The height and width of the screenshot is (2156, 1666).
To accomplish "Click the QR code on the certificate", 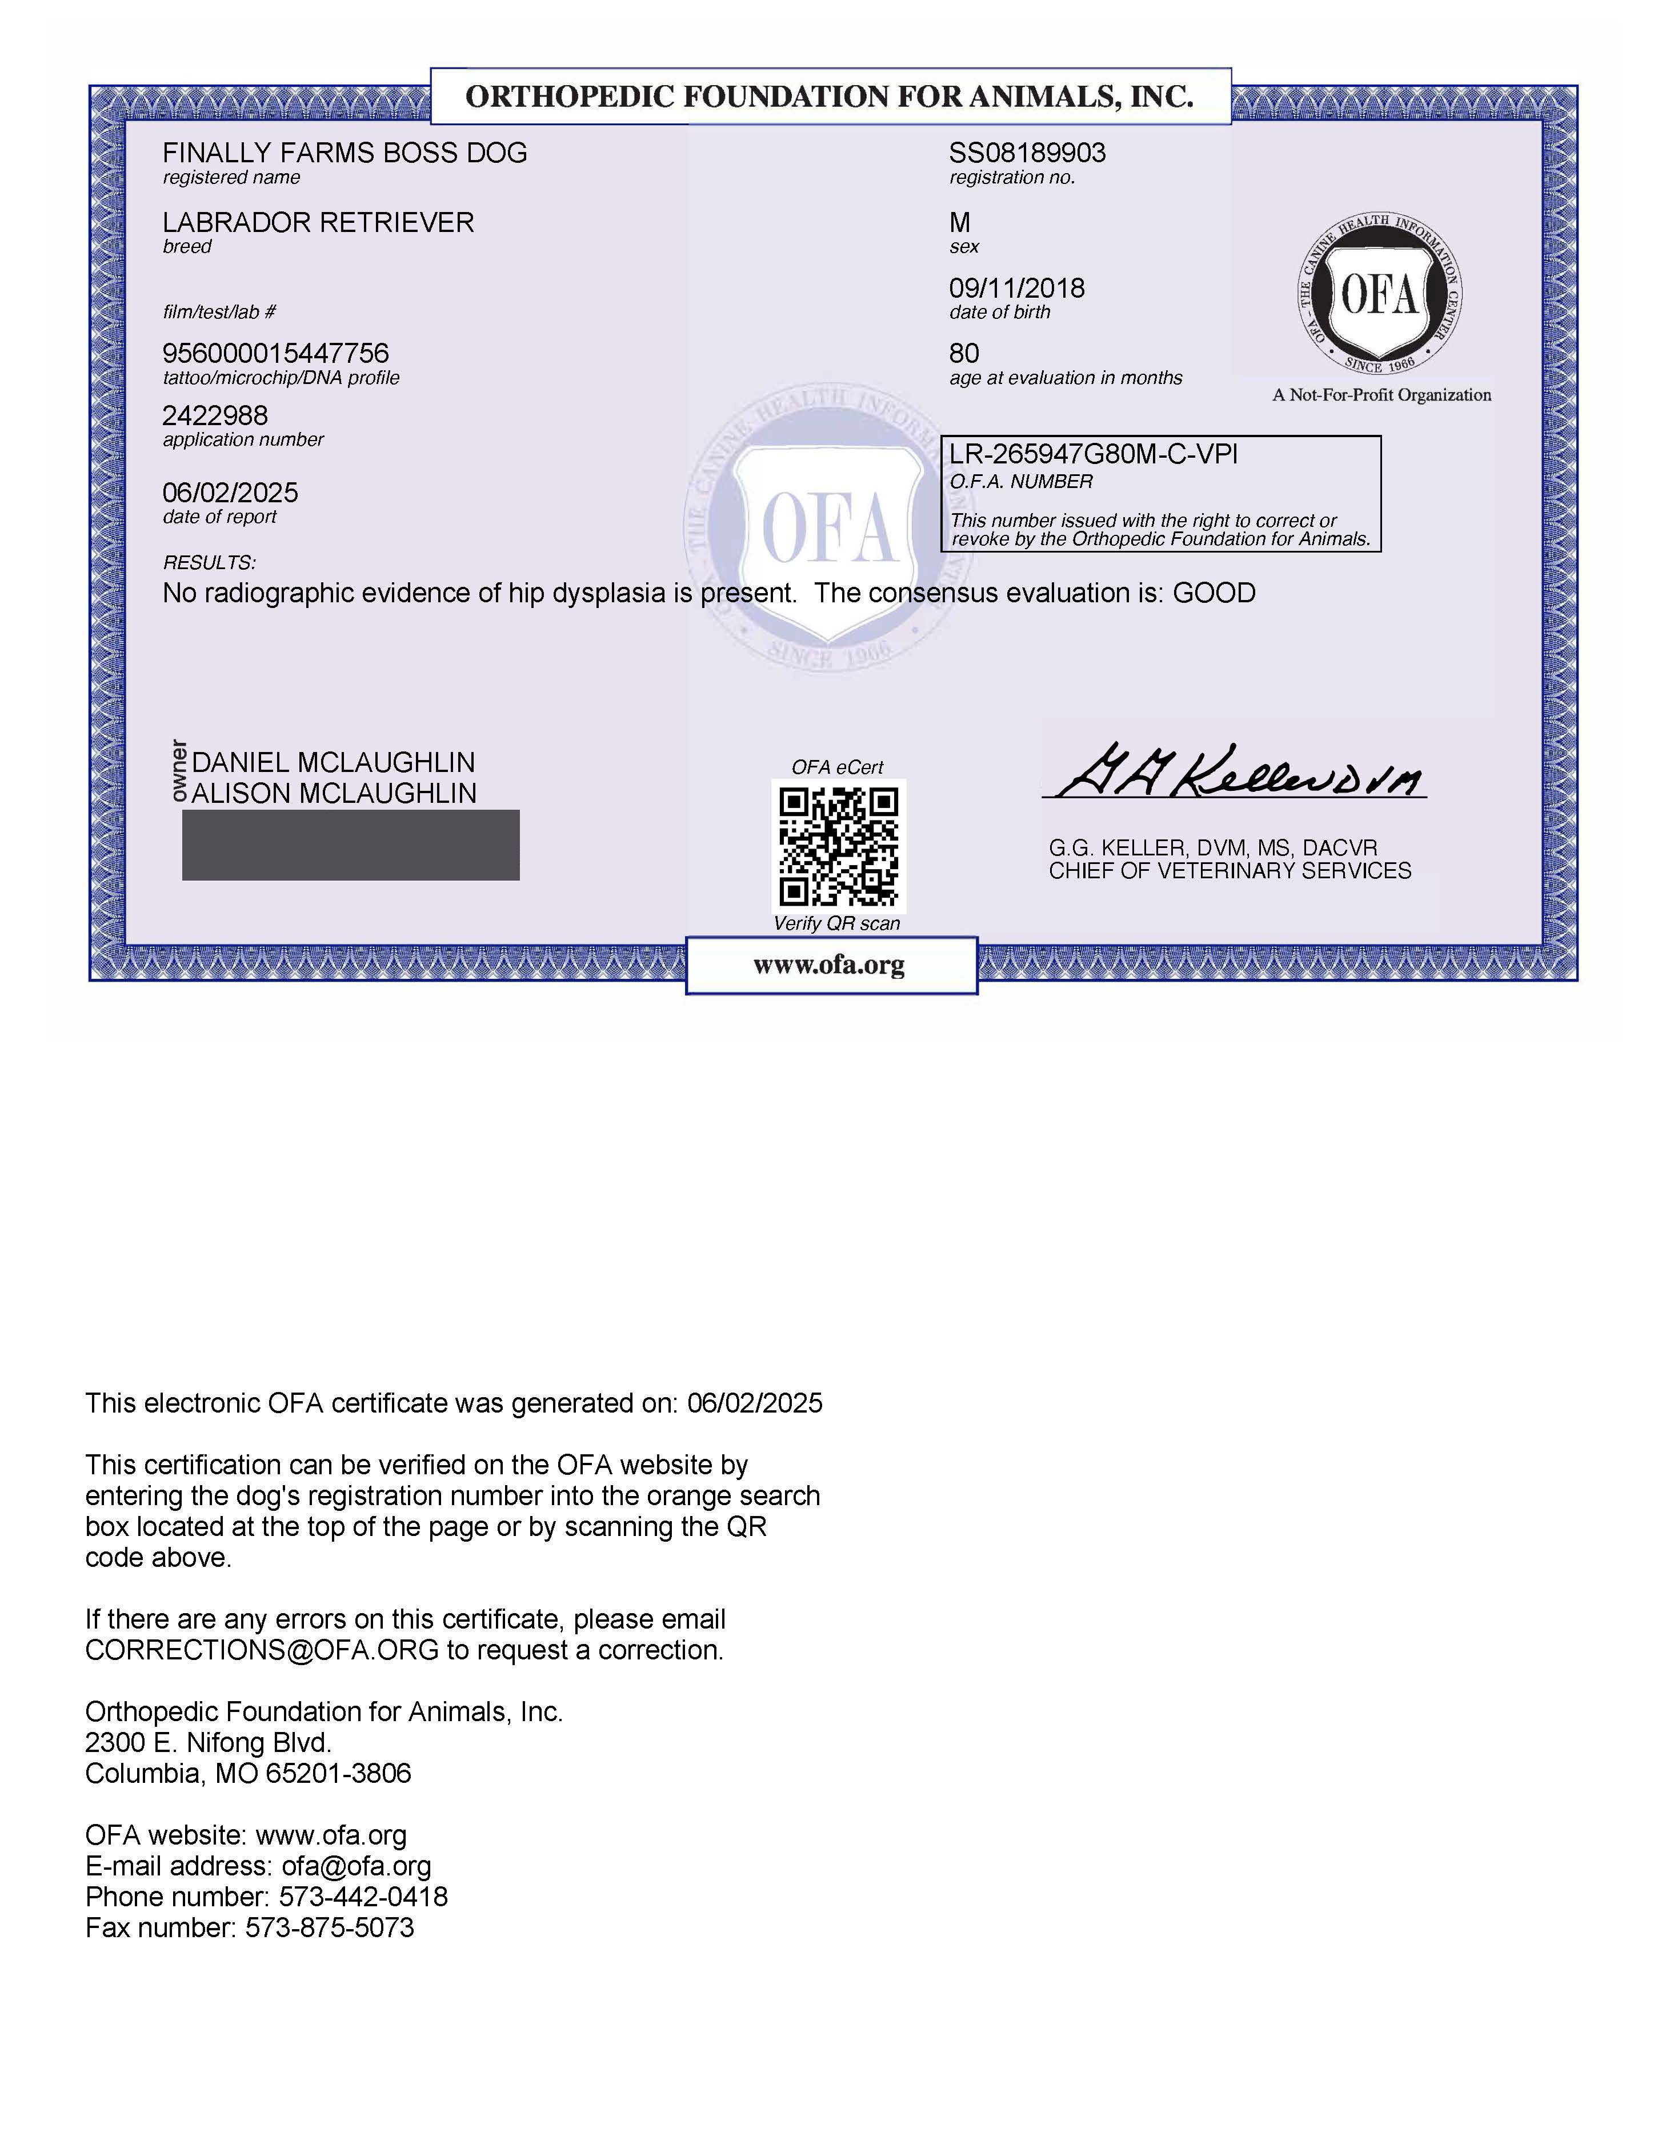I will coord(838,846).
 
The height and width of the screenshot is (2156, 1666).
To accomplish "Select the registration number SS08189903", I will coord(1027,153).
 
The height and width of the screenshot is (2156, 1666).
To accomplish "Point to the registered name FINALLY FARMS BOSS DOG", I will coord(345,153).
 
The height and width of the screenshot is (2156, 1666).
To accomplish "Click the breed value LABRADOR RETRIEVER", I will coord(318,222).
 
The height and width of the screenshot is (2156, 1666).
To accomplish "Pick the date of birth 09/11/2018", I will coord(1016,288).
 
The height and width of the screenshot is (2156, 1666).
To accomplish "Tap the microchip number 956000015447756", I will coord(275,353).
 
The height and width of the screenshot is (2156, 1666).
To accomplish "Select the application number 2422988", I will coord(215,415).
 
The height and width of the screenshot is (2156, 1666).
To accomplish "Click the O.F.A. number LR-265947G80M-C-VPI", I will coord(1092,454).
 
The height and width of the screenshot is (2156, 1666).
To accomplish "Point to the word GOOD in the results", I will coord(1214,593).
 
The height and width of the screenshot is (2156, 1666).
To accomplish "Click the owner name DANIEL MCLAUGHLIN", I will coord(334,762).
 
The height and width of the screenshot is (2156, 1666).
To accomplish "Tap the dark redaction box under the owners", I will coord(350,845).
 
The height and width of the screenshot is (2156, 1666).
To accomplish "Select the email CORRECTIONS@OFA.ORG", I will coord(262,1650).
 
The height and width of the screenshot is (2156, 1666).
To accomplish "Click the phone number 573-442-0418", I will coord(363,1897).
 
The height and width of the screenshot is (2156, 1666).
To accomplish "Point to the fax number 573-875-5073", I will coord(330,1927).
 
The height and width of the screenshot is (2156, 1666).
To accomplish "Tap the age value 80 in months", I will coord(964,353).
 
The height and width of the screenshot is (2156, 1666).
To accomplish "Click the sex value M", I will coord(959,222).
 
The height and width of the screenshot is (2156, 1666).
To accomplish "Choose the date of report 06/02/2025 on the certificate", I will coord(230,493).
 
